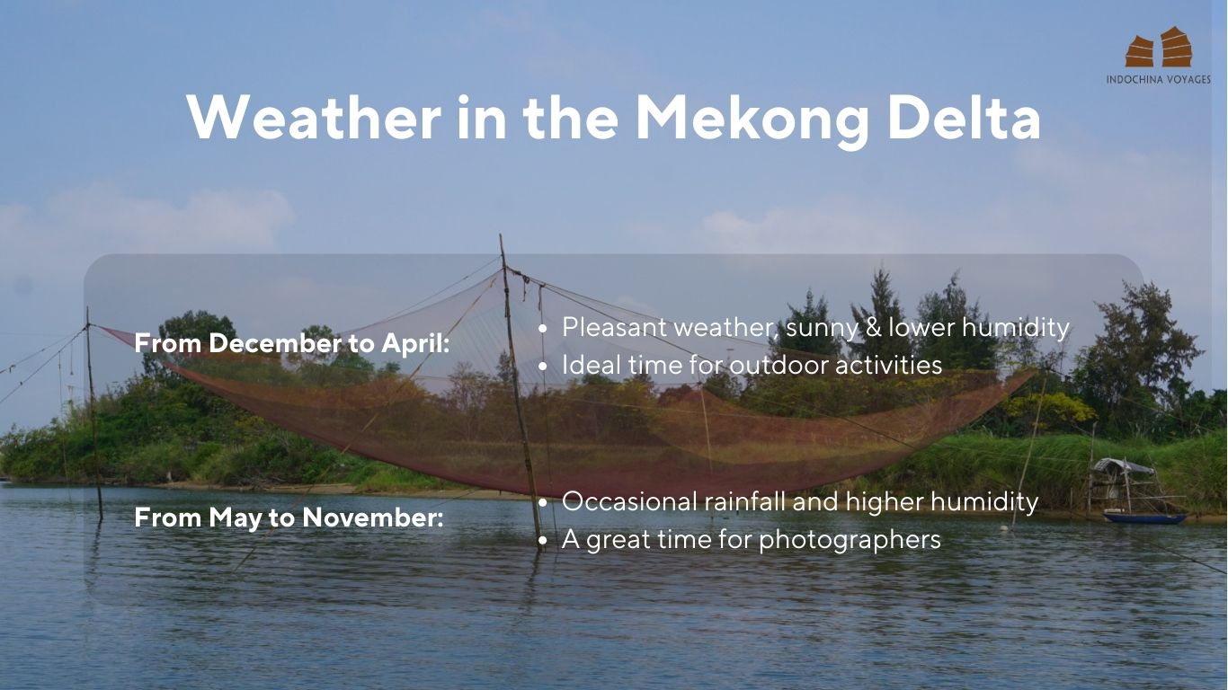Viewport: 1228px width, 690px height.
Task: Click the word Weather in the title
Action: tap(314, 118)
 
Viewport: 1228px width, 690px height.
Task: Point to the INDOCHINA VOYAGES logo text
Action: tap(1159, 79)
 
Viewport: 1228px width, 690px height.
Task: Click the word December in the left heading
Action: tap(275, 343)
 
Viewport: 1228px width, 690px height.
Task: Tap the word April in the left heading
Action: tap(415, 344)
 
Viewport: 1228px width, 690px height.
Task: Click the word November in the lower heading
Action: tap(373, 517)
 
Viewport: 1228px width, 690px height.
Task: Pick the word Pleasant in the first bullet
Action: tap(614, 327)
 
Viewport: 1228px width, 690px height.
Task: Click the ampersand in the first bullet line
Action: tap(873, 328)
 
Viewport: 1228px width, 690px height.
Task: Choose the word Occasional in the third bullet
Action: tap(629, 501)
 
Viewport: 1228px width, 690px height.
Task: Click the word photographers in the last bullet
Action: tap(850, 540)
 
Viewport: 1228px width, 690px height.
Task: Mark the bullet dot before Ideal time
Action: tap(542, 367)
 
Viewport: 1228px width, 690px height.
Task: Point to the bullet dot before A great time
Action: tap(542, 541)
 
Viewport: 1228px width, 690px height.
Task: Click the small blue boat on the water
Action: tap(1144, 517)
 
